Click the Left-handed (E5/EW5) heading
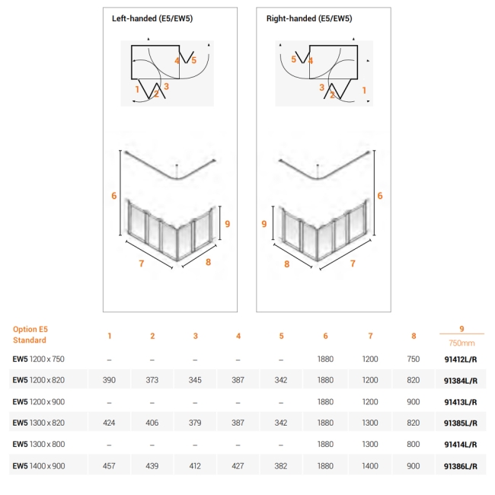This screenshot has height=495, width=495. (152, 18)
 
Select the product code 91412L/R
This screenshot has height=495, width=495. (461, 358)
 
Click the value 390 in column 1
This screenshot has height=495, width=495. (109, 379)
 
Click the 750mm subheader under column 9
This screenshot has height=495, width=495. (461, 343)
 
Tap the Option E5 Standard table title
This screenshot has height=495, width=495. (30, 334)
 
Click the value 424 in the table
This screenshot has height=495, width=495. (109, 422)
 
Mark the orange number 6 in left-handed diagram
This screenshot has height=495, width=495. (113, 196)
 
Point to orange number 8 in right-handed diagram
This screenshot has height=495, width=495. (287, 264)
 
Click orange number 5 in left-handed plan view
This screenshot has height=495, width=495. (193, 59)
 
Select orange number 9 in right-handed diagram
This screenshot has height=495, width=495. (263, 224)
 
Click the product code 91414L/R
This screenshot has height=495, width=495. (461, 443)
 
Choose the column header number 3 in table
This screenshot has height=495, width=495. (196, 335)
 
